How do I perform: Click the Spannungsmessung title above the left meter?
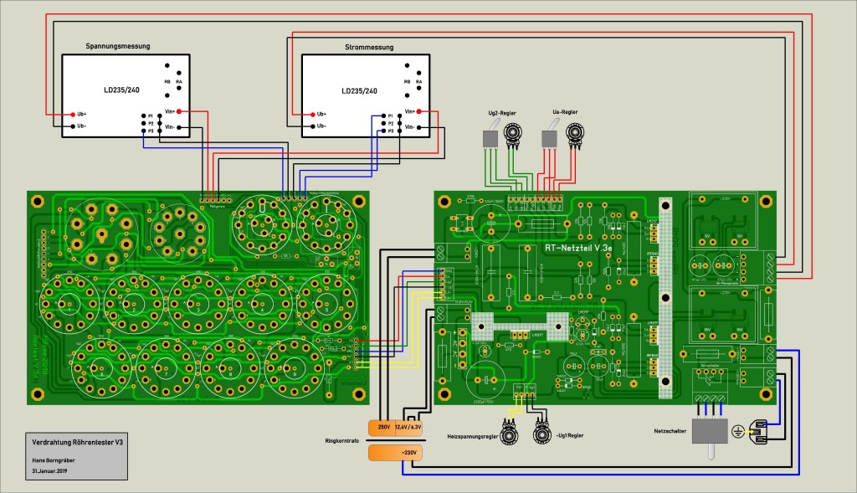point(115,47)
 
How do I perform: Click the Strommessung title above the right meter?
point(368,48)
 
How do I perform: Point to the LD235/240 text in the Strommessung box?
point(359,90)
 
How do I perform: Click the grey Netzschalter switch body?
point(709,433)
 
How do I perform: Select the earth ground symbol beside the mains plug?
point(737,432)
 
